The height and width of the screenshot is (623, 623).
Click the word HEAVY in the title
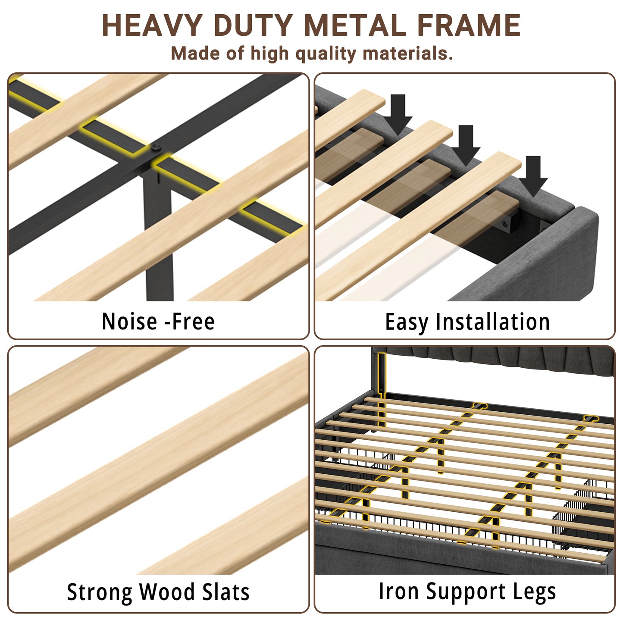(x=152, y=25)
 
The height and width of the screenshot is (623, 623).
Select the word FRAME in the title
(x=469, y=25)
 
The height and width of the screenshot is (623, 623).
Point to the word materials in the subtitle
(x=407, y=53)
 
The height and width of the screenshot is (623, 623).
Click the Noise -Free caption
(x=158, y=321)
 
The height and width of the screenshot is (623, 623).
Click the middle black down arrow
(x=466, y=145)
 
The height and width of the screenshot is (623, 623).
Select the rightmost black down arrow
(x=533, y=176)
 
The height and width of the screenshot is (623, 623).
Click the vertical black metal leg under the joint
(x=158, y=236)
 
